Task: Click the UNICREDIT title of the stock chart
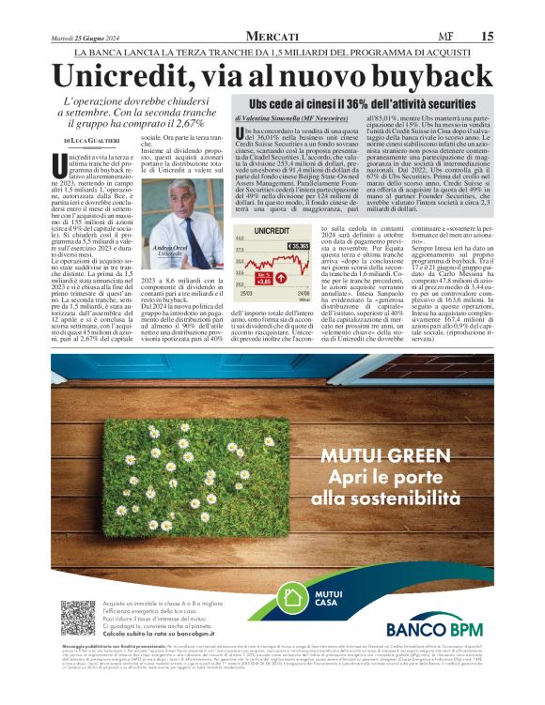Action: pyautogui.click(x=272, y=230)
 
